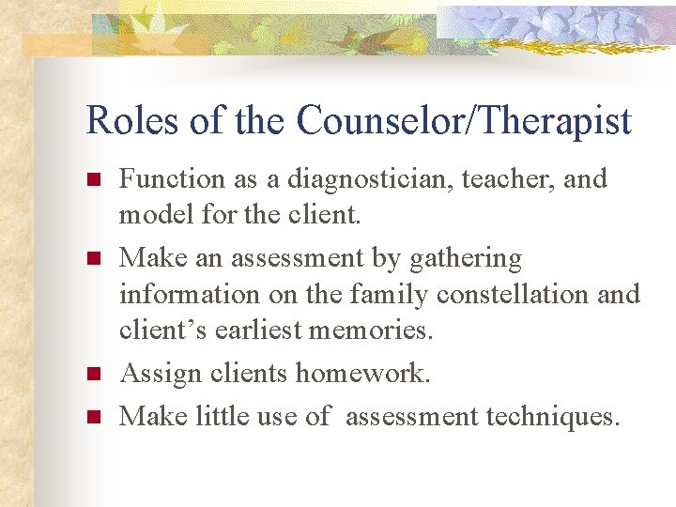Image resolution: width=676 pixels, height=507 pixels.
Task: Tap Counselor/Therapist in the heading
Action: click(x=464, y=121)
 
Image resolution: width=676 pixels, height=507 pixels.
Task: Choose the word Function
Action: click(x=173, y=178)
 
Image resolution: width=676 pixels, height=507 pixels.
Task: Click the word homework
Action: click(x=363, y=373)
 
